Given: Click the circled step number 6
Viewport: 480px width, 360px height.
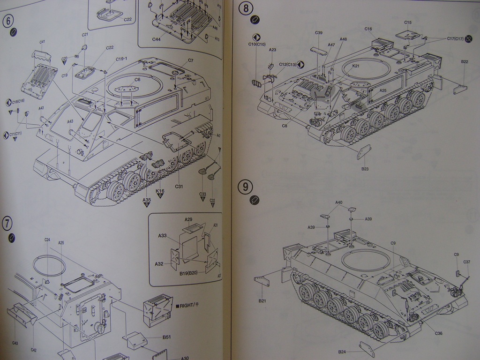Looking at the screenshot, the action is (9, 21).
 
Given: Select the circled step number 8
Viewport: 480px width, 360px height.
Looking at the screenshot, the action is (245, 8).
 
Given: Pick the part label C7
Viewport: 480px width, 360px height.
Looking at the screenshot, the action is (190, 60).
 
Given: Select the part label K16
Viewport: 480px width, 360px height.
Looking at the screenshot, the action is (160, 191).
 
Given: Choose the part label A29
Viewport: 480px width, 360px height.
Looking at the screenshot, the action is (188, 219).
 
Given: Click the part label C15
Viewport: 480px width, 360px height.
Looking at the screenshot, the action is (407, 22).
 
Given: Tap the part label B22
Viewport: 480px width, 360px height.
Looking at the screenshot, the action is (465, 61).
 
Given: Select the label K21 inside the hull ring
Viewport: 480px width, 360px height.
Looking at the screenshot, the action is (356, 66).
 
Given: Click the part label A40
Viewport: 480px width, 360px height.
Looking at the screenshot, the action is (339, 202).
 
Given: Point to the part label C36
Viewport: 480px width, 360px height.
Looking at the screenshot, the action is (438, 333).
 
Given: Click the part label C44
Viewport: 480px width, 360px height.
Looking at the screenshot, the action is (156, 39).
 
